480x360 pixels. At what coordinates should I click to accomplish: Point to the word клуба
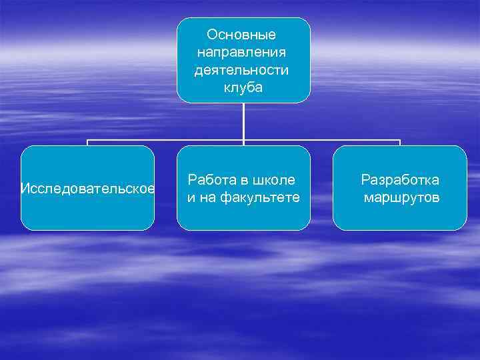[243, 87]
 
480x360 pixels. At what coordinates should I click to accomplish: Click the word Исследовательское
[87, 189]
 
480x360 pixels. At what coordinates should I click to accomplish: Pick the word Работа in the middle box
[210, 180]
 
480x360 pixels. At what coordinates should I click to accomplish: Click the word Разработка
[400, 180]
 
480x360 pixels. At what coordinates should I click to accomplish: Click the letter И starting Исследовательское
[25, 189]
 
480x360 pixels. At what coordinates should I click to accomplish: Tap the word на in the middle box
[206, 197]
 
